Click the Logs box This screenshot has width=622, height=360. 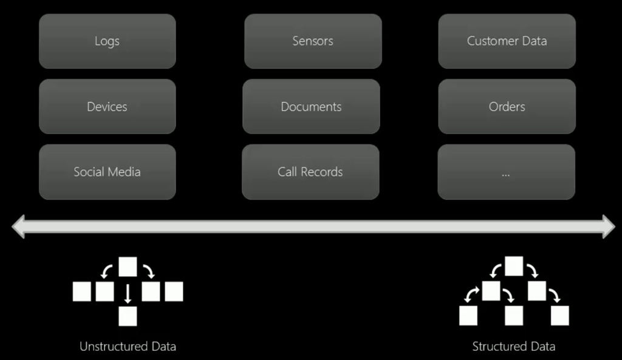107,41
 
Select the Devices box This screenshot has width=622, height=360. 107,107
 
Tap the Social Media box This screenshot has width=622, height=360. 107,172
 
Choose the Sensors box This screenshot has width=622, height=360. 313,41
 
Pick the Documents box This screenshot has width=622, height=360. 311,107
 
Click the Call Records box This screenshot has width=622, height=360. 310,172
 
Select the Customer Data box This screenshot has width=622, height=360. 507,41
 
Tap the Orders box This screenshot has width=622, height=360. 507,107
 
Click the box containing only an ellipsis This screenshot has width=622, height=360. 506,172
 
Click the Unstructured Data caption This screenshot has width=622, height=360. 128,347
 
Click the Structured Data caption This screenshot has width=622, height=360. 513,347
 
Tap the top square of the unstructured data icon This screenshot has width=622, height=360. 128,267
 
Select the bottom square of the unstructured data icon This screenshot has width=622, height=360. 128,316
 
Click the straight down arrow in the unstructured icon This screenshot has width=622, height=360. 128,293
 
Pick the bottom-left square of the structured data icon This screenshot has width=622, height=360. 468,316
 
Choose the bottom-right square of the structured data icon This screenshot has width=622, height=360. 559,316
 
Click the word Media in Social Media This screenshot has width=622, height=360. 124,172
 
